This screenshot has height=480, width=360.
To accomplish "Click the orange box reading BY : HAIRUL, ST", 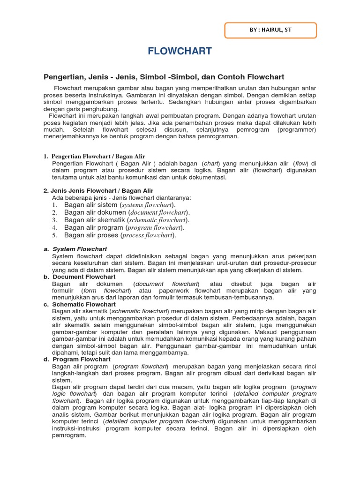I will [x=271, y=30].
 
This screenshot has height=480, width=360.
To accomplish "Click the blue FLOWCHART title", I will [x=180, y=52].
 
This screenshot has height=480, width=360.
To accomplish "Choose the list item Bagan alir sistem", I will [x=91, y=205].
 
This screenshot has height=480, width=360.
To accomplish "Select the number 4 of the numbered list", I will [x=54, y=228].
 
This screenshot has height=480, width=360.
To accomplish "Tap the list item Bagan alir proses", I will [x=91, y=235].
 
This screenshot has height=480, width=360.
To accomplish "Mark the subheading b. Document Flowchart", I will [x=83, y=277].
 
